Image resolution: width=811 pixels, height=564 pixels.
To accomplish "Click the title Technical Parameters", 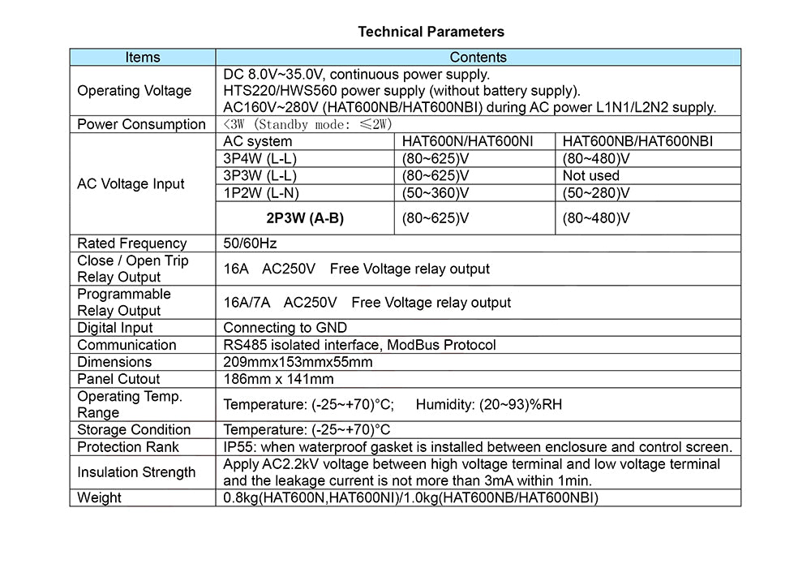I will point(431,32).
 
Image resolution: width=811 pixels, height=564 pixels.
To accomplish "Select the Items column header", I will point(143,58).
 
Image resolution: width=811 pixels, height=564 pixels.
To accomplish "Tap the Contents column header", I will point(478,58).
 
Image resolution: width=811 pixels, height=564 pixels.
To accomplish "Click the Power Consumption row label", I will point(142,124).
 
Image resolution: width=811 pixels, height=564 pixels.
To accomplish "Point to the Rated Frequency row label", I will point(132,243).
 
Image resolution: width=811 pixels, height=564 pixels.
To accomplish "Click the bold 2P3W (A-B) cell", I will point(305,218).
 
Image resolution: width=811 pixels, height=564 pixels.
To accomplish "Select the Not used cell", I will point(590,176).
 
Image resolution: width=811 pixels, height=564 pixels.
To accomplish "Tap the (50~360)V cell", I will point(436,193).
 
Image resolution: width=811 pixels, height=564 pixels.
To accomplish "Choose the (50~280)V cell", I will point(596,193).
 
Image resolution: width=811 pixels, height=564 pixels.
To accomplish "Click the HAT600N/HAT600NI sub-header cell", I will point(468,142).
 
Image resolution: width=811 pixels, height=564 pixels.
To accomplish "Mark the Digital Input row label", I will point(115,328).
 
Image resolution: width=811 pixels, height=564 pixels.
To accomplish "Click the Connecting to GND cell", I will point(285,328).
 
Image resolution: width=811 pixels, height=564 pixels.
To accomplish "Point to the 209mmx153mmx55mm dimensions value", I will point(298,362).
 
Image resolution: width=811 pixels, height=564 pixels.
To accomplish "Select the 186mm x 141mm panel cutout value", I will point(278,379).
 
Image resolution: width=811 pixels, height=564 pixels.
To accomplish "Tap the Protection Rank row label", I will point(128,447).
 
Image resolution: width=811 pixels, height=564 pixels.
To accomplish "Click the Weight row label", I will point(99,497).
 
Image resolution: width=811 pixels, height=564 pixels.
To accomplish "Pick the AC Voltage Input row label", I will point(131,184).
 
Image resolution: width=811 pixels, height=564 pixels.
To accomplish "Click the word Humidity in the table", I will point(444,404).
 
